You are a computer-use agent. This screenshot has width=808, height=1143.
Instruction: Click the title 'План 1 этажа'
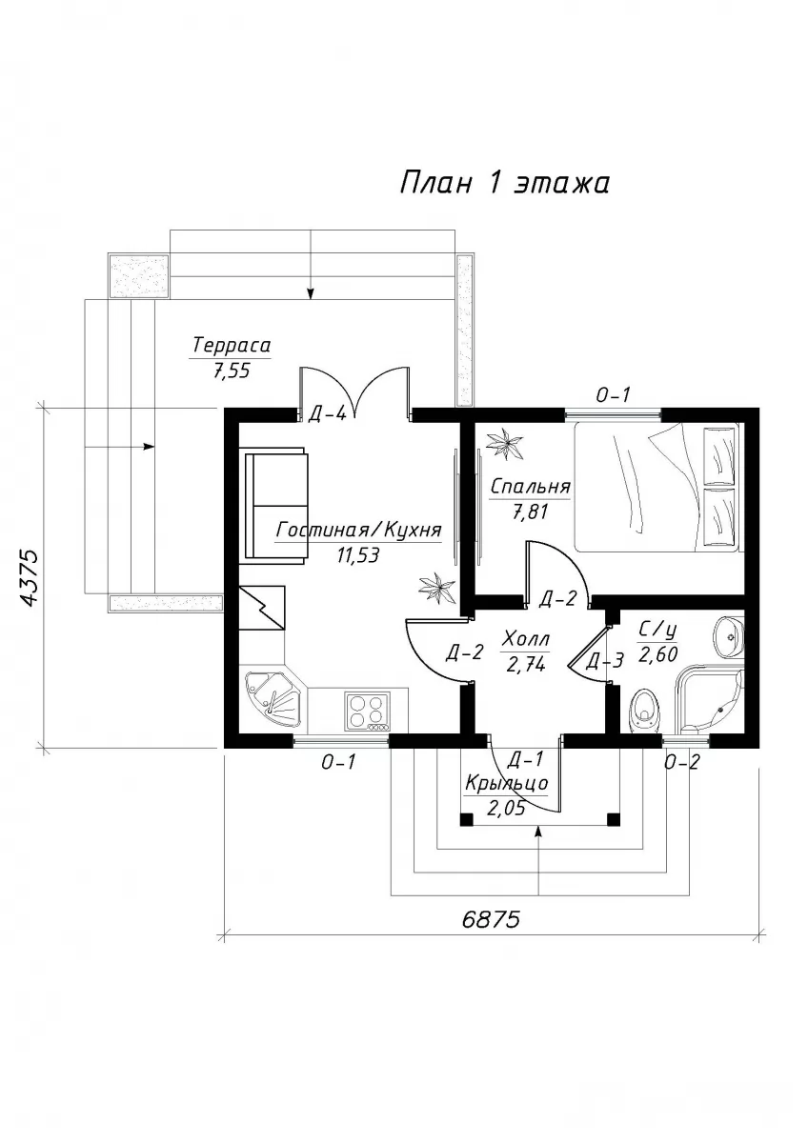click(504, 184)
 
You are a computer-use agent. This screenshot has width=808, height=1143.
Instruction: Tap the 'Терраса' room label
click(232, 346)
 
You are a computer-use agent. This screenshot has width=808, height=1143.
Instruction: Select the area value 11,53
click(358, 555)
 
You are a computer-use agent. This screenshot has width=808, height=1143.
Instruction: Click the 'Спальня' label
click(530, 487)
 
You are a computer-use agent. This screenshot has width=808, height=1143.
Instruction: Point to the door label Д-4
click(327, 415)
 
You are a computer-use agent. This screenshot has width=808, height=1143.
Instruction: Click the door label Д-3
click(604, 661)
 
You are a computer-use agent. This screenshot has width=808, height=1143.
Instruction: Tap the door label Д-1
click(526, 760)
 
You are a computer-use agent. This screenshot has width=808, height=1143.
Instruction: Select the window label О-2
click(681, 762)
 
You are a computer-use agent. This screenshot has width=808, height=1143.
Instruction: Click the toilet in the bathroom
click(645, 711)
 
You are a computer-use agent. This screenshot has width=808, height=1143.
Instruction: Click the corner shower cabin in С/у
click(710, 699)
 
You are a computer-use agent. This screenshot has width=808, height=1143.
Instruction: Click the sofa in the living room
click(276, 505)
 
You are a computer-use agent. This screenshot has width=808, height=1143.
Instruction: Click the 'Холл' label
click(525, 638)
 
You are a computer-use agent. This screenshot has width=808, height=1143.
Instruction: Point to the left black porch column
click(466, 819)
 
